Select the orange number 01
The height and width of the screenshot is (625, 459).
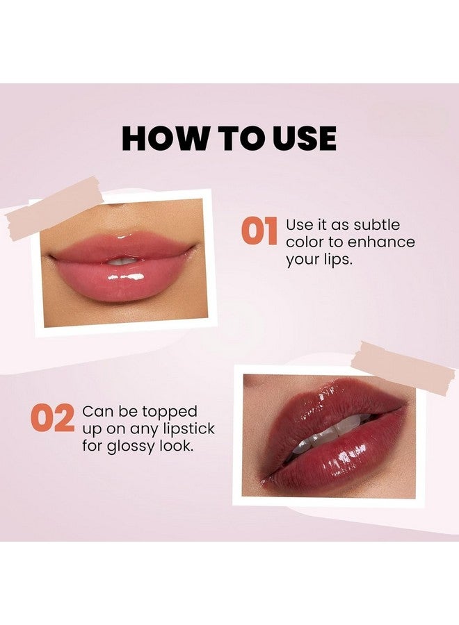(x=259, y=232)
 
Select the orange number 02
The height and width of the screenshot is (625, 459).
(x=52, y=419)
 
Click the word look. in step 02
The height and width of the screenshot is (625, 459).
(x=177, y=446)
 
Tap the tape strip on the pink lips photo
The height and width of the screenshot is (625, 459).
(x=54, y=208)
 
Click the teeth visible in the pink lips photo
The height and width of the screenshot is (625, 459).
(x=123, y=260)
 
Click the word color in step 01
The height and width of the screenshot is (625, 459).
(x=305, y=243)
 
